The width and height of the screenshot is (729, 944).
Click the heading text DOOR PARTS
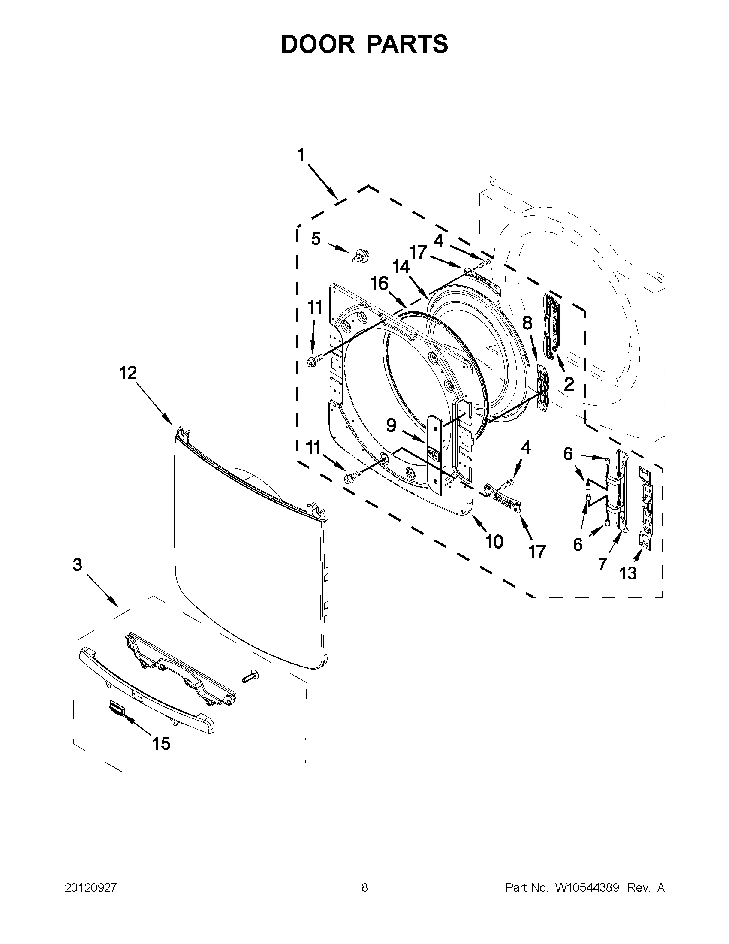click(364, 44)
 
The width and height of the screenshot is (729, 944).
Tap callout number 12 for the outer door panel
click(128, 373)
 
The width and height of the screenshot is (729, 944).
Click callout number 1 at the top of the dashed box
click(301, 155)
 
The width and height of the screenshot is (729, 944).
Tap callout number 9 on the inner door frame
click(391, 425)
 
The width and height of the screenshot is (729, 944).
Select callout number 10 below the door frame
click(494, 541)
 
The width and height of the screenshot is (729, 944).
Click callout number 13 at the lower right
click(627, 573)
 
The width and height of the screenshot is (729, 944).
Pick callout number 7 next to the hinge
click(602, 563)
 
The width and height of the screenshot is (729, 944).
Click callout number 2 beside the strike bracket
click(569, 383)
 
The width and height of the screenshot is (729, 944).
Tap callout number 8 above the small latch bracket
click(527, 323)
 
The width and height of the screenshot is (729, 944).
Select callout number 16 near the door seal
click(380, 284)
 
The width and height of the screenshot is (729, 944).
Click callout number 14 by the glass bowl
click(401, 267)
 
